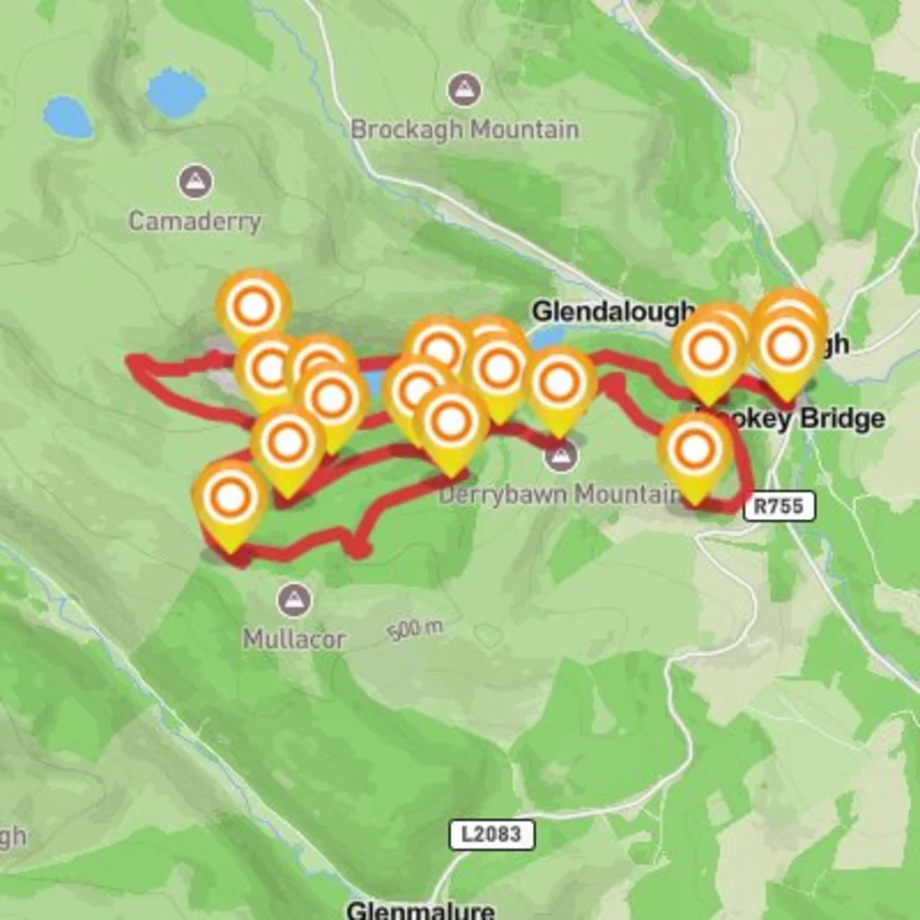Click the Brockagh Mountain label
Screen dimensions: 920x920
(464, 130)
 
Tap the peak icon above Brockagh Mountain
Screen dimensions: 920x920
(464, 89)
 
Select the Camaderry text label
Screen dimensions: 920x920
(194, 221)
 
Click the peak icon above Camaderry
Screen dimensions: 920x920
(195, 181)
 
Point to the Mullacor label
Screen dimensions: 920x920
(294, 639)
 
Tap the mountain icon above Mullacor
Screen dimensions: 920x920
(294, 600)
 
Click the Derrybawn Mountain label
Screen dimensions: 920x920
(558, 494)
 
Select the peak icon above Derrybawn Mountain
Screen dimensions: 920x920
(560, 457)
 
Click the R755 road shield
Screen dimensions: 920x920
(779, 506)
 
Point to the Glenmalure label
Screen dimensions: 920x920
(420, 909)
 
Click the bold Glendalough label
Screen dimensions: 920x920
(612, 312)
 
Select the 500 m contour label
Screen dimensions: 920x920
(416, 630)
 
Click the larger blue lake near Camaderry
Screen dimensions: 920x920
(175, 93)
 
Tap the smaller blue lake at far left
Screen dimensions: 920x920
(68, 118)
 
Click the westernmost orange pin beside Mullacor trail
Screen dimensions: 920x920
(230, 499)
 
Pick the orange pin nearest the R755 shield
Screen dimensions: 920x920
(695, 451)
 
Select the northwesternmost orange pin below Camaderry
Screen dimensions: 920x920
(253, 308)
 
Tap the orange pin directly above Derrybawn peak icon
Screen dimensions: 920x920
(560, 384)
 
